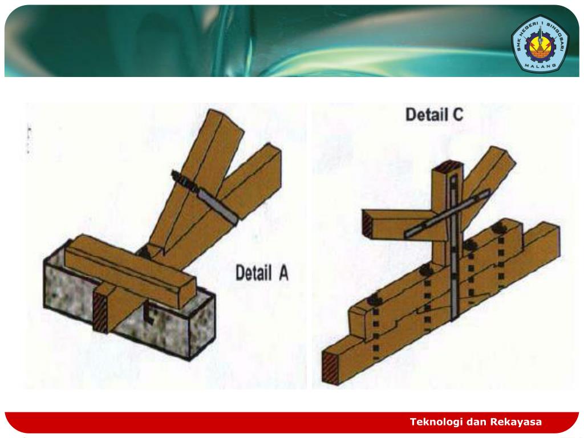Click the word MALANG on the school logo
pyautogui.click(x=540, y=66)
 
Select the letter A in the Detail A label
pyautogui.click(x=283, y=273)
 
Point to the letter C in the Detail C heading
pyautogui.click(x=458, y=114)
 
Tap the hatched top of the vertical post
pyautogui.click(x=448, y=165)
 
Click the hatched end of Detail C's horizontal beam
pyautogui.click(x=367, y=225)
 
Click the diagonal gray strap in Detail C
pyautogui.click(x=447, y=214)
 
